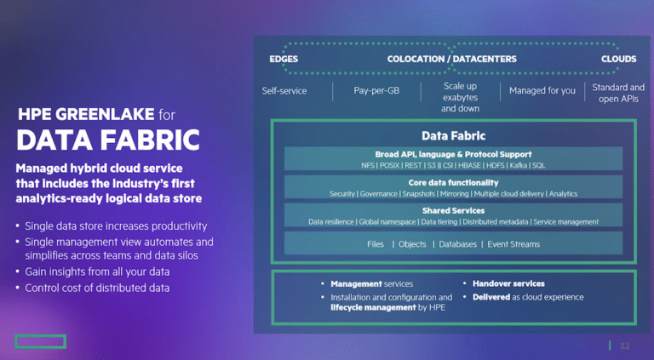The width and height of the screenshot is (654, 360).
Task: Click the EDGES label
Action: tap(284, 60)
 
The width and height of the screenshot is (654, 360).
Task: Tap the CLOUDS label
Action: tap(618, 60)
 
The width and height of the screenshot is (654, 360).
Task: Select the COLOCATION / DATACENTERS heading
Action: tap(451, 60)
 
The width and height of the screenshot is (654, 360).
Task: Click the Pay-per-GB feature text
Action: tap(376, 90)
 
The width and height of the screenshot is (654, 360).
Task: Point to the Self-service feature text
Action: tap(284, 91)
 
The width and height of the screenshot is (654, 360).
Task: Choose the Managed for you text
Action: tap(542, 90)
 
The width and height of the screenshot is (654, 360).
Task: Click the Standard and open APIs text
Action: tap(618, 93)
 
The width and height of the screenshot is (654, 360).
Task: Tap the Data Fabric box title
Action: tap(453, 136)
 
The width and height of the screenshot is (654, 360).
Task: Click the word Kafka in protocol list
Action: tap(518, 165)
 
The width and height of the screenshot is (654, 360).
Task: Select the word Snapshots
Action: tap(418, 194)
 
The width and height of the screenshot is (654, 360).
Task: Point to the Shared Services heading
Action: tap(453, 211)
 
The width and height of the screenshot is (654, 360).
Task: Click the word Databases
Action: tap(457, 244)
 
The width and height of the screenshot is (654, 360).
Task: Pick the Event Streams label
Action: tap(513, 244)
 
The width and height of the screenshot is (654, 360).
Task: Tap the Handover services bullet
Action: tap(508, 283)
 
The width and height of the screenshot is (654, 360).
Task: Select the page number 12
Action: tap(625, 346)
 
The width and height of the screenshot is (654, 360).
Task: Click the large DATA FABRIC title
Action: tap(108, 140)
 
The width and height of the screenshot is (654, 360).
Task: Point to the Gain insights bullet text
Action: tap(97, 271)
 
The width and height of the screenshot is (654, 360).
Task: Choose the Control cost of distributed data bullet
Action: tap(97, 288)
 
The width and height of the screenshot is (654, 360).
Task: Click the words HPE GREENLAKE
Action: tap(86, 114)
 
